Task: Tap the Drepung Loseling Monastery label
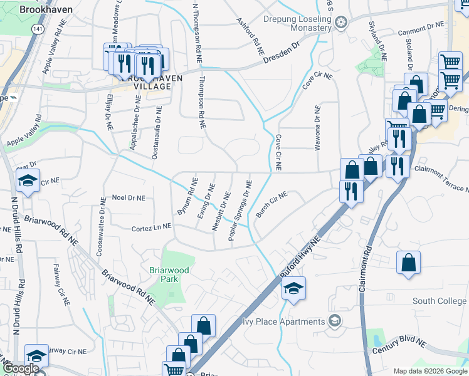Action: pos(296,23)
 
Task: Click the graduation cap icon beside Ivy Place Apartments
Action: pos(335,321)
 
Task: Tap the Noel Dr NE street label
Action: pos(128,198)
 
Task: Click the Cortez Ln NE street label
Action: pos(151,229)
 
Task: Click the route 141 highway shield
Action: pos(39,30)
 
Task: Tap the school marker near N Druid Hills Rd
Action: pos(28,182)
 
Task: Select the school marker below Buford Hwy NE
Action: pos(293,289)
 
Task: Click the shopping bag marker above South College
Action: pos(409,263)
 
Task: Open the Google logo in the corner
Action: pos(20,368)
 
